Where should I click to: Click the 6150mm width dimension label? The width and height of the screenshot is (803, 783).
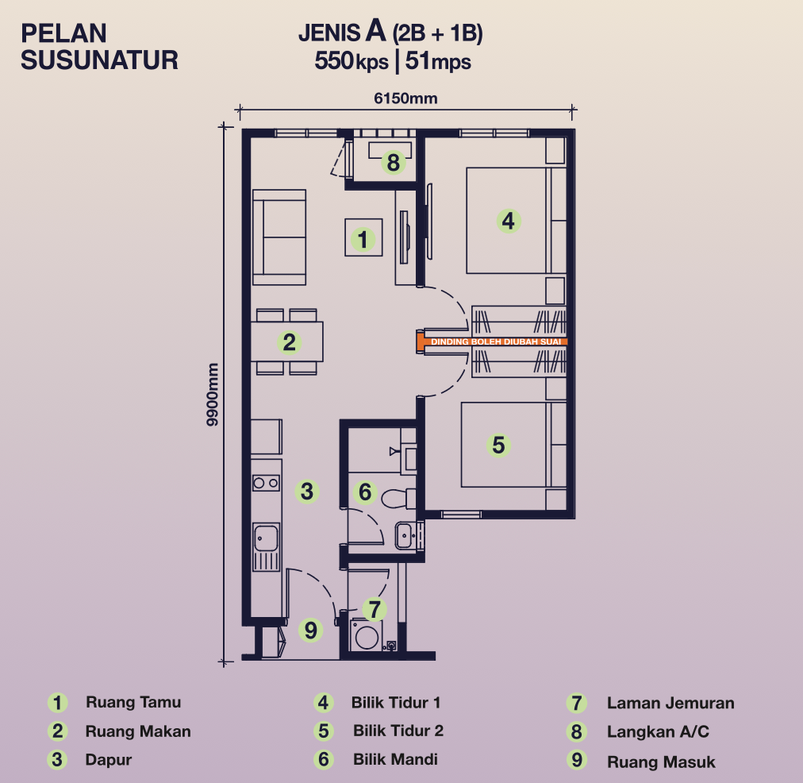point(405,98)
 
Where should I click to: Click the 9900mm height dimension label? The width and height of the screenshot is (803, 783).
point(212,394)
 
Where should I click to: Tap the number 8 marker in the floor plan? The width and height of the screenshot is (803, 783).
point(394,163)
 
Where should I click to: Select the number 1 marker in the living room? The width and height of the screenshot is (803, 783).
point(363,239)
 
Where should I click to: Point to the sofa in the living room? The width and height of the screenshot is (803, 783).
point(279,237)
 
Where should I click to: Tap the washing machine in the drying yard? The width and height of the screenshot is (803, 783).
point(367,635)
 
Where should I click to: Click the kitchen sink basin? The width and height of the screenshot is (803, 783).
point(267,537)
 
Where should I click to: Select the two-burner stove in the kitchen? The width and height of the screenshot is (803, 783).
point(267,483)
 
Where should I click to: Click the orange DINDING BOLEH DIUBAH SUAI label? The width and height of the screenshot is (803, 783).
point(496,341)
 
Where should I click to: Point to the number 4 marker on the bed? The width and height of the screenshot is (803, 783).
point(509,221)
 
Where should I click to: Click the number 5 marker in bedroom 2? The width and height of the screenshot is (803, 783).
point(499,445)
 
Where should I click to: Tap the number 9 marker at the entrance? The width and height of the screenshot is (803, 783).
point(310,630)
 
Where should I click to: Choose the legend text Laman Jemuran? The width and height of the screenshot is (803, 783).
point(670,703)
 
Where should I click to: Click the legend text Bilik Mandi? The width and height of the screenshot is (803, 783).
point(395,759)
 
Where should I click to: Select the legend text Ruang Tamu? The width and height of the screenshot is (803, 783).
point(133,702)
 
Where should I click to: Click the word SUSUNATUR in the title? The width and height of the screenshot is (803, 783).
point(99,60)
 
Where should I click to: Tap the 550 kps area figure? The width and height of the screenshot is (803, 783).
point(352,61)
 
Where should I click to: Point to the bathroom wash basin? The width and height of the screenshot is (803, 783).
point(405,536)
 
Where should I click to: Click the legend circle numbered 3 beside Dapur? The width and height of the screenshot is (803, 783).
point(57,759)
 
